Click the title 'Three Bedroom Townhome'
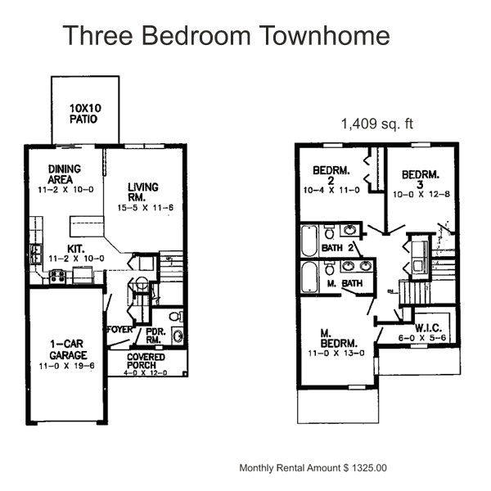pos(226,36)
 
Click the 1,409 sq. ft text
pos(376,124)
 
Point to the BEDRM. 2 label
pos(332,176)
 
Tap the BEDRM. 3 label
pos(420,179)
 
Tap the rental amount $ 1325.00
pos(361,468)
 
